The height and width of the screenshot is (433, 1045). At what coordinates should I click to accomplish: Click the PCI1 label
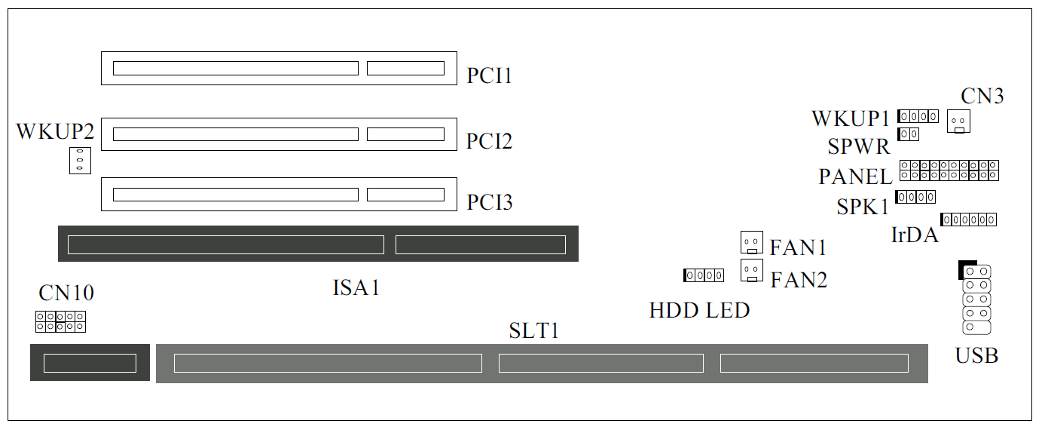pyautogui.click(x=490, y=76)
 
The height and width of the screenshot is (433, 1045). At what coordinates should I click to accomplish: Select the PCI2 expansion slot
pyautogui.click(x=279, y=134)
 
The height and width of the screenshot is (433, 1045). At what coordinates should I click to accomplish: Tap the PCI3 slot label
pyautogui.click(x=490, y=203)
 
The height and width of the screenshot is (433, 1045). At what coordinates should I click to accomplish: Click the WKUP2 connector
pyautogui.click(x=80, y=160)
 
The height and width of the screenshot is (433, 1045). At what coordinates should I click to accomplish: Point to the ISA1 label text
pyautogui.click(x=356, y=287)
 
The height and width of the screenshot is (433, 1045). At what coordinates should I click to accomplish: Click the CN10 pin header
pyautogui.click(x=60, y=322)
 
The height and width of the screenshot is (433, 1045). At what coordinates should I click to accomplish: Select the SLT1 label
pyautogui.click(x=534, y=330)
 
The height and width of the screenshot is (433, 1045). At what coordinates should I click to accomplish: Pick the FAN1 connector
pyautogui.click(x=751, y=242)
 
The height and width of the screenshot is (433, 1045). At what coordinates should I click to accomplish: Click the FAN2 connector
pyautogui.click(x=751, y=270)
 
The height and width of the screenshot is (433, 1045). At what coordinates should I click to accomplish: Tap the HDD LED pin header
pyautogui.click(x=704, y=275)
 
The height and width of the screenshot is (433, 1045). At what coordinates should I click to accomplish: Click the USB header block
pyautogui.click(x=976, y=299)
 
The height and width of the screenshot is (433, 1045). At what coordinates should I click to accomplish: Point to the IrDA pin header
pyautogui.click(x=969, y=220)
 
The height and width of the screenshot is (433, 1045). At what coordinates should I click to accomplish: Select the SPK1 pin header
pyautogui.click(x=915, y=197)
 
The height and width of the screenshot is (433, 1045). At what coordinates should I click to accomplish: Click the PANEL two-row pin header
pyautogui.click(x=949, y=170)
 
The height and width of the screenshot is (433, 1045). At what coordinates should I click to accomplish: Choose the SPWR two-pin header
pyautogui.click(x=908, y=134)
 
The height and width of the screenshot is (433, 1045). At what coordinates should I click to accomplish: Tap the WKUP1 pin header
pyautogui.click(x=918, y=116)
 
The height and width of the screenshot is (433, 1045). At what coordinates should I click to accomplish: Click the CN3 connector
pyautogui.click(x=958, y=121)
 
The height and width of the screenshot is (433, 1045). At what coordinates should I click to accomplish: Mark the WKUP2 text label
pyautogui.click(x=55, y=132)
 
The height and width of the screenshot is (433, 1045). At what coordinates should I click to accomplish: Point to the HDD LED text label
pyautogui.click(x=699, y=309)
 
